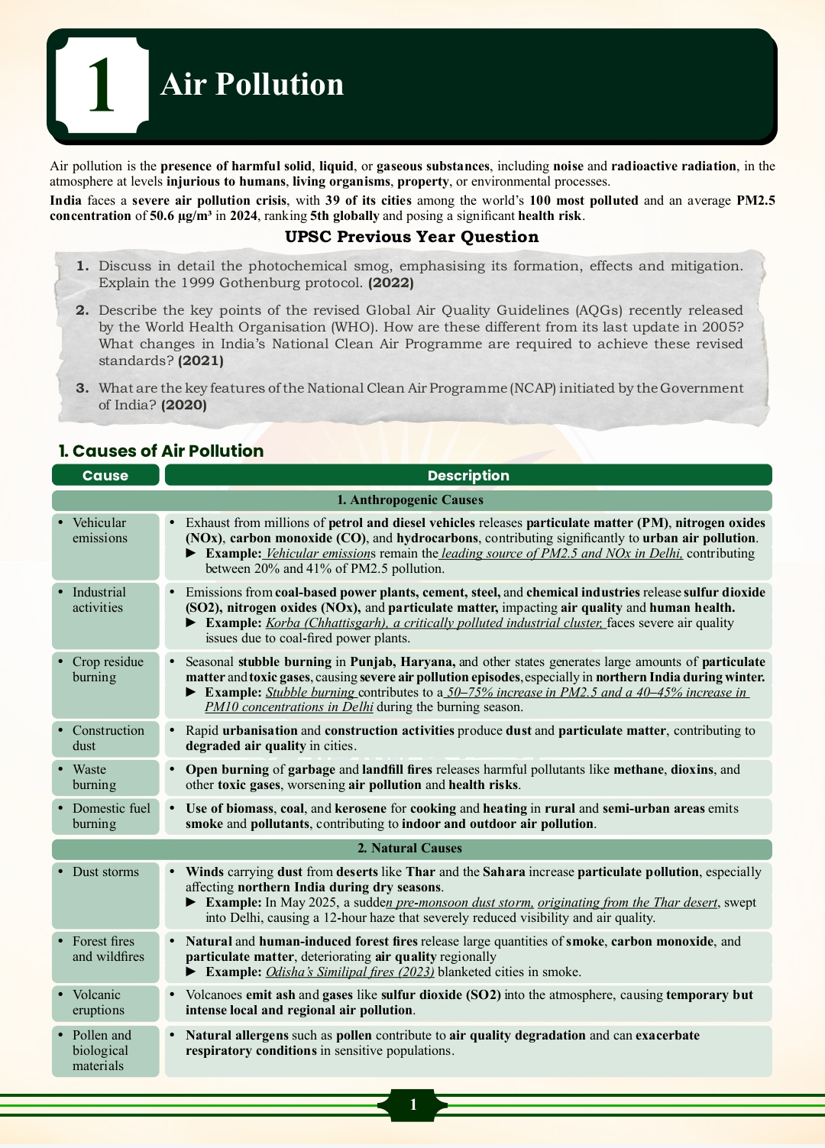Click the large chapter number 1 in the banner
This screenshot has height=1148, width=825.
[x=102, y=86]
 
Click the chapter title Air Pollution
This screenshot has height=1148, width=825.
[x=252, y=84]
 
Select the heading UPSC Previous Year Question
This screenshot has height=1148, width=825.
[x=412, y=237]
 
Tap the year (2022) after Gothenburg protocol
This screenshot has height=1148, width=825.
[x=391, y=283]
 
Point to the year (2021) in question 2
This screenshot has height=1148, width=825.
[x=201, y=361]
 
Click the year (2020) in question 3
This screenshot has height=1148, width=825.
[x=184, y=405]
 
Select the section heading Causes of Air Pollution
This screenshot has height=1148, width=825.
[x=161, y=451]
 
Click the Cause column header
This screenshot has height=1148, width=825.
[x=105, y=475]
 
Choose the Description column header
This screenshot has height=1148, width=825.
[x=468, y=475]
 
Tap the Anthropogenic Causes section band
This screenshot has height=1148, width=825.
[x=411, y=500]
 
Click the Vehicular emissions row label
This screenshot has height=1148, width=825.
[x=99, y=530]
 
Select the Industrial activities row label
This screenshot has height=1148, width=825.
[x=99, y=600]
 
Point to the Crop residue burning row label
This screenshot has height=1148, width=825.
[x=107, y=669]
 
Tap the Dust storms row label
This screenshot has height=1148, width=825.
[x=105, y=872]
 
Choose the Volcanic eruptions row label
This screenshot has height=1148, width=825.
[x=98, y=1002]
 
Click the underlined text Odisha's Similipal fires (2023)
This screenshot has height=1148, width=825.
[x=350, y=972]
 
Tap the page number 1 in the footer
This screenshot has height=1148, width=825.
[x=412, y=1104]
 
